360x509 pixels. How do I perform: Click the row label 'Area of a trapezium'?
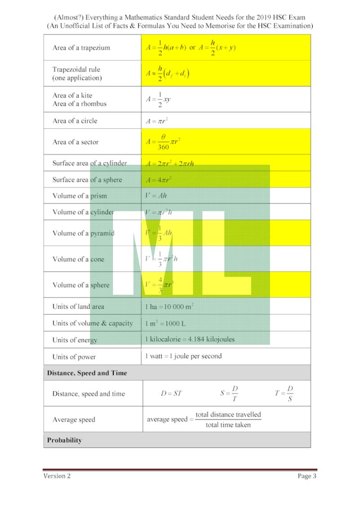pyautogui.click(x=81, y=48)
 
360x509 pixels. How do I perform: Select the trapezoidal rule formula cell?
pyautogui.click(x=167, y=73)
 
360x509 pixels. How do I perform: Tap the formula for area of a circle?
pyautogui.click(x=157, y=121)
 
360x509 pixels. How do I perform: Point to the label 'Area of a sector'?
pyautogui.click(x=75, y=142)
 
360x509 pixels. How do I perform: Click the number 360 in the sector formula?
pyautogui.click(x=163, y=147)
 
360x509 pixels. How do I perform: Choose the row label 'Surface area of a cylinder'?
pyautogui.click(x=90, y=163)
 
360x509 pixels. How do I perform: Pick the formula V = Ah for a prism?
pyautogui.click(x=156, y=196)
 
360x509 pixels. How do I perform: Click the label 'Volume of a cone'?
pyautogui.click(x=78, y=259)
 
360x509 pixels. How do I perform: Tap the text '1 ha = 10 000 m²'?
pyautogui.click(x=169, y=306)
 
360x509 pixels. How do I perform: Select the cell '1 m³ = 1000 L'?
pyautogui.click(x=166, y=324)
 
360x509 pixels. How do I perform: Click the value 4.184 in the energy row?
pyautogui.click(x=198, y=339)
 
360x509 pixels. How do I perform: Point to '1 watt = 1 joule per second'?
pyautogui.click(x=183, y=356)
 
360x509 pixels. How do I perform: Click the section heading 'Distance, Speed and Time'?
pyautogui.click(x=87, y=373)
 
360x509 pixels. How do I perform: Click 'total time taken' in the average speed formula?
pyautogui.click(x=228, y=425)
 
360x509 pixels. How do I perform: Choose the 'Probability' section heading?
pyautogui.click(x=64, y=440)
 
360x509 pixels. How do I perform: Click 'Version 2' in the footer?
pyautogui.click(x=57, y=476)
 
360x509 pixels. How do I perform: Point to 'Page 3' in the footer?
pyautogui.click(x=307, y=476)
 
